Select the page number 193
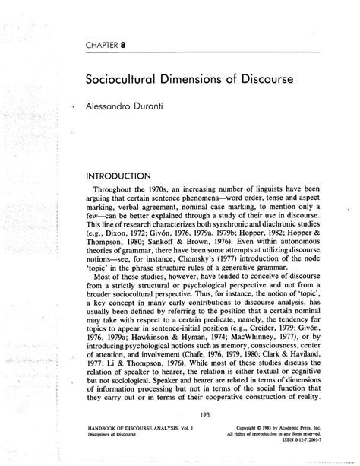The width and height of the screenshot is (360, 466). [x=204, y=414]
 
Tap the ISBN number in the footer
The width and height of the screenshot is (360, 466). [x=300, y=441]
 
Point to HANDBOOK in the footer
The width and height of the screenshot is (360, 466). [x=109, y=428]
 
